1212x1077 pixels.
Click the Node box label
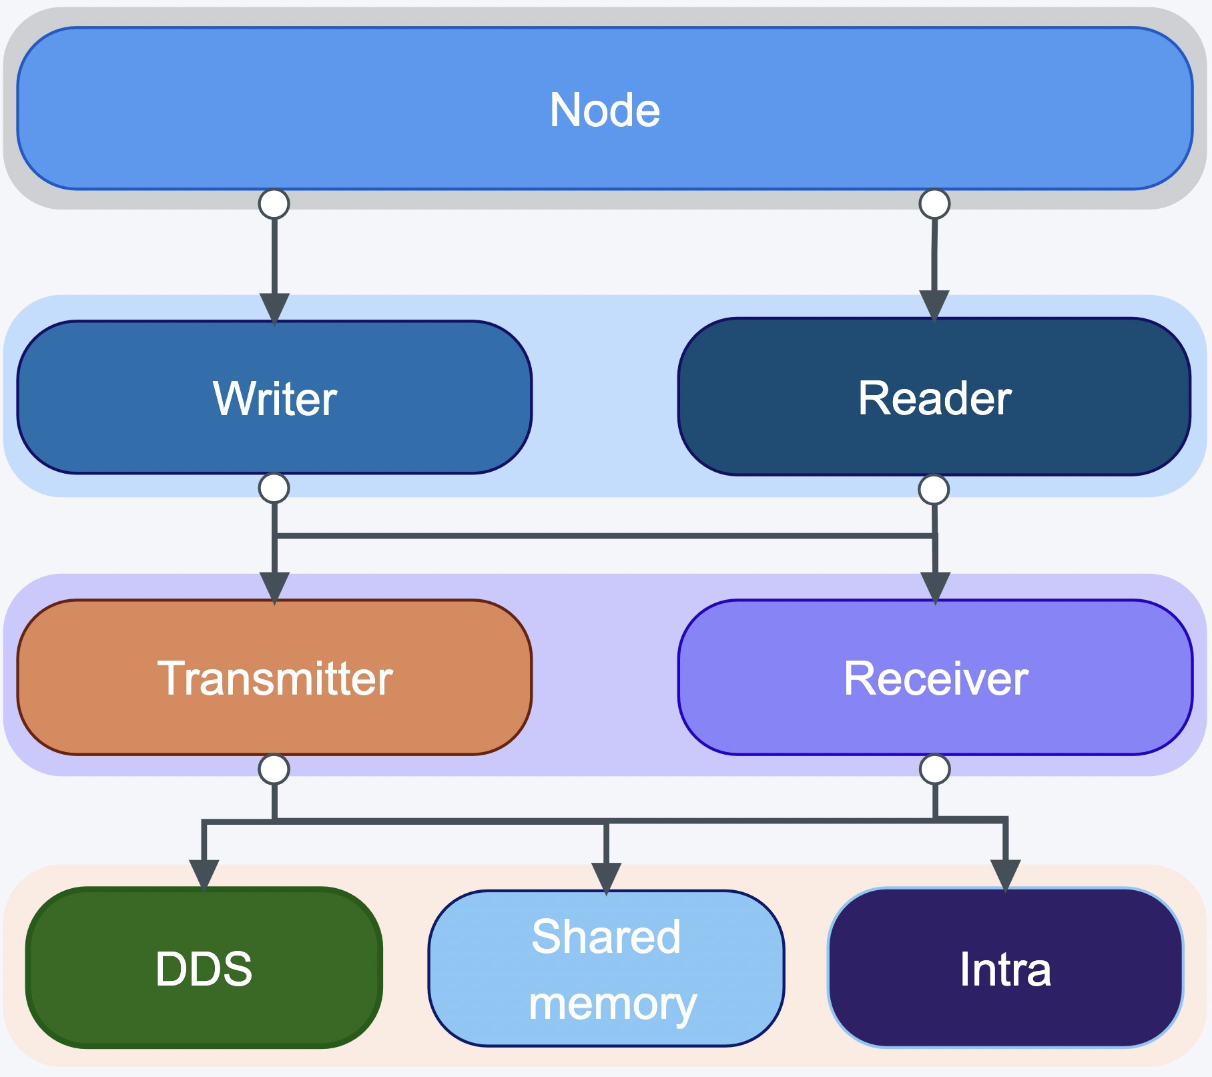[605, 110]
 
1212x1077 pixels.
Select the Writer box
[274, 398]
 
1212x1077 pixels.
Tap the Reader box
[934, 397]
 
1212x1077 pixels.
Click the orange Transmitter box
[274, 677]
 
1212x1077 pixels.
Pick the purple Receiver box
[935, 677]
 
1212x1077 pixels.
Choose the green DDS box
[204, 968]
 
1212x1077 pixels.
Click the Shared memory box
[606, 968]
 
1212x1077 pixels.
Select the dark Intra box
[1006, 968]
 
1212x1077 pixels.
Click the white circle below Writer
[274, 488]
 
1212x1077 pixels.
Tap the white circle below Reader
[934, 490]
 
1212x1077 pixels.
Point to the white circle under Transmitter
[274, 769]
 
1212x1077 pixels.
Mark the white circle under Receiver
[934, 769]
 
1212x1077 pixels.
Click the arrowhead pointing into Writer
[274, 308]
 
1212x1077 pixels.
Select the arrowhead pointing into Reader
[934, 306]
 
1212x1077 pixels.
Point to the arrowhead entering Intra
[1006, 875]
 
